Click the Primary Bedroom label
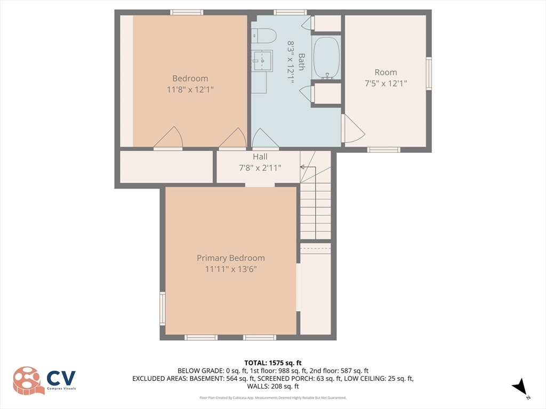(230, 258)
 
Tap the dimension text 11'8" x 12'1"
(190, 89)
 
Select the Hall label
(260, 157)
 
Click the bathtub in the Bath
(326, 57)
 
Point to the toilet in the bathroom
(265, 36)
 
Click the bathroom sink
(262, 61)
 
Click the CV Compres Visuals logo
(45, 380)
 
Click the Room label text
(386, 72)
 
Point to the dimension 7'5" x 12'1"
(386, 83)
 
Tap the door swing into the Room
(351, 129)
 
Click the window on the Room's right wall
(429, 73)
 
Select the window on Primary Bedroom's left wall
(163, 308)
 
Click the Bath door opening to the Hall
(265, 140)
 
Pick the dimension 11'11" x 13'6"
(231, 269)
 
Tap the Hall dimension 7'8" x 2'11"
(260, 168)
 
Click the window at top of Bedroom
(187, 12)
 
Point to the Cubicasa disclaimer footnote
(272, 398)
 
